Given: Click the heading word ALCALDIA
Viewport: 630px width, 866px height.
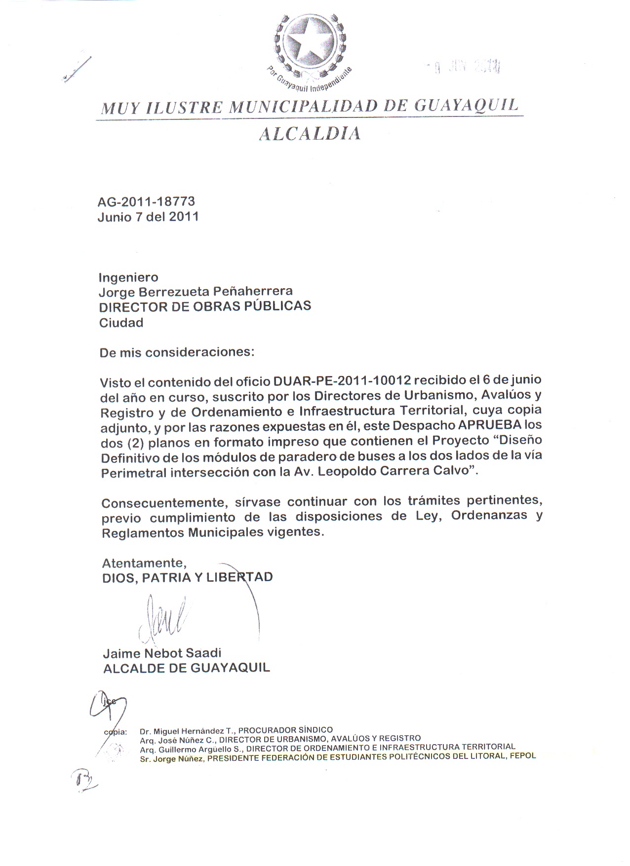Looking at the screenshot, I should click(x=310, y=134).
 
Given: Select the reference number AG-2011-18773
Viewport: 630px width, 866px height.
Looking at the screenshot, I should click(x=146, y=201).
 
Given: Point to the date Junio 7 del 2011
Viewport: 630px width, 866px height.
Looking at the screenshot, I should click(x=148, y=217).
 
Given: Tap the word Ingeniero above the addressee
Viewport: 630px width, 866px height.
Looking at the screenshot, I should click(x=128, y=277).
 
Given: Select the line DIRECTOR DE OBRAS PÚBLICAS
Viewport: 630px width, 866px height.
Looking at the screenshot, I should click(x=205, y=306).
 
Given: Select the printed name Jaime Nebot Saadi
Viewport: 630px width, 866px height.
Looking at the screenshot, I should click(x=162, y=653).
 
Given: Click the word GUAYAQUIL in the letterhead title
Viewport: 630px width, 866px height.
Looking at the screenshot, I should click(x=466, y=105).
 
